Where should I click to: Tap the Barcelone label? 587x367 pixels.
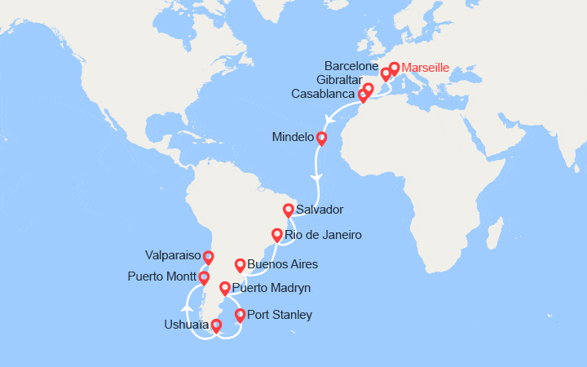coord(352,64)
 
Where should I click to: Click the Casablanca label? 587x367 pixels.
coord(323,95)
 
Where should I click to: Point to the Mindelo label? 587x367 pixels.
coord(292,138)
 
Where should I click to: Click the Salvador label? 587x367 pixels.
coord(320,210)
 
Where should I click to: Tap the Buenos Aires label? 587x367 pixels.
coord(282,264)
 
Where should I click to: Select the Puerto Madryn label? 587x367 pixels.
coord(271,288)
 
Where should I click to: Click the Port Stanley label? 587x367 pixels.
coord(279,315)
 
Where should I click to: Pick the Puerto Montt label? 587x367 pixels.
coord(161,276)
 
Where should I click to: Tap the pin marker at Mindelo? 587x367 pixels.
coord(321,138)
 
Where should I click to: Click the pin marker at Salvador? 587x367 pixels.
coord(289,210)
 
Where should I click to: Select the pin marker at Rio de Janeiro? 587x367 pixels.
coord(277,235)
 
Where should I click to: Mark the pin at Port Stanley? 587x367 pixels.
coord(240,315)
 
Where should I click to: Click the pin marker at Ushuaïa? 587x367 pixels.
coord(216,326)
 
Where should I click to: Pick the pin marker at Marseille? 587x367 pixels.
coord(395,69)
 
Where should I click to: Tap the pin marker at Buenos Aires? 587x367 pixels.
coord(240,265)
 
